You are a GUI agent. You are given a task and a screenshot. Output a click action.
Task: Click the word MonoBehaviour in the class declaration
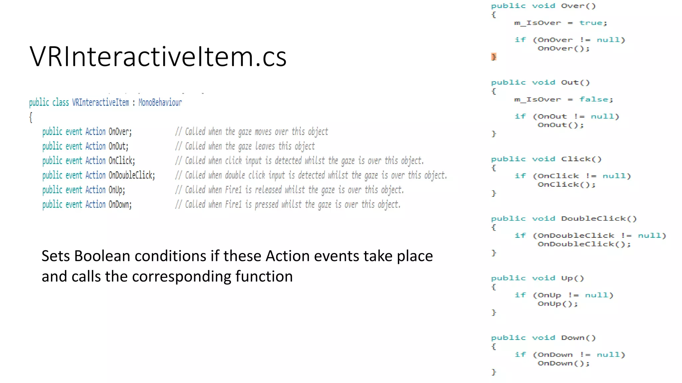pyautogui.click(x=160, y=102)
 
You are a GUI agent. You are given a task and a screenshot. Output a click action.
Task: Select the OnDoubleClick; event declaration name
pyautogui.click(x=132, y=175)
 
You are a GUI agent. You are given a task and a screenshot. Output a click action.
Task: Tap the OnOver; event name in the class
pyautogui.click(x=120, y=132)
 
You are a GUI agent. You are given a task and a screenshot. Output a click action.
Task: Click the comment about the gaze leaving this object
pyautogui.click(x=245, y=146)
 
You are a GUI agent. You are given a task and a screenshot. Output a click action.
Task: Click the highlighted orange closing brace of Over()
pyautogui.click(x=494, y=57)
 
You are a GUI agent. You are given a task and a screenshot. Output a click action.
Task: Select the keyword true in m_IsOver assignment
pyautogui.click(x=592, y=23)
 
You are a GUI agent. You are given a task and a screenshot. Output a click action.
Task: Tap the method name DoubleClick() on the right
pyautogui.click(x=598, y=219)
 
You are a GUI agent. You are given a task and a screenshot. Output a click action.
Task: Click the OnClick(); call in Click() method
pyautogui.click(x=566, y=185)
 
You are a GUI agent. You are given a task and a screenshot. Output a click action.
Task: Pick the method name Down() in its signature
pyautogui.click(x=578, y=338)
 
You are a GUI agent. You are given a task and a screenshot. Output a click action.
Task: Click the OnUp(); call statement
pyautogui.click(x=557, y=304)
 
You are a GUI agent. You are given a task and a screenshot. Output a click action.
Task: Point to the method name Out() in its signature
pyautogui.click(x=575, y=82)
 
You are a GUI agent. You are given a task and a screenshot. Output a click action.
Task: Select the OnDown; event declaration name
pyautogui.click(x=120, y=204)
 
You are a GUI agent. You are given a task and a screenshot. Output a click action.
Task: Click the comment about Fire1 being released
pyautogui.click(x=289, y=190)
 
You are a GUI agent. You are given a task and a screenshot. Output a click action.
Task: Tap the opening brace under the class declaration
pyautogui.click(x=31, y=117)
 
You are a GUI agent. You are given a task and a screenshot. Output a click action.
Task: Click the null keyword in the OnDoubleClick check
pyautogui.click(x=651, y=236)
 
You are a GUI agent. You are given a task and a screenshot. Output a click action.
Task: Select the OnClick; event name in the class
pyautogui.click(x=122, y=161)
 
